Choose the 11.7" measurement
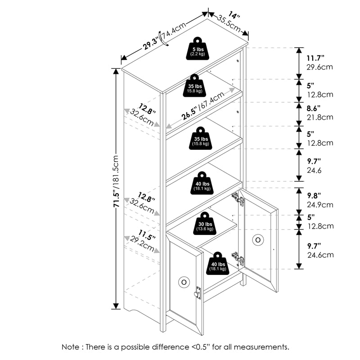click(315, 58)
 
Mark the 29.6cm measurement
click(319, 67)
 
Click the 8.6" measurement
click(315, 108)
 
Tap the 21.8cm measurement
click(319, 117)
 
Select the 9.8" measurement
click(315, 196)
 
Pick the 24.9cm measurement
click(319, 205)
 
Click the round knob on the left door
click(184, 282)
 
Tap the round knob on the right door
click(258, 240)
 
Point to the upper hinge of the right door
click(237, 198)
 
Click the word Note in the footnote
click(72, 347)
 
